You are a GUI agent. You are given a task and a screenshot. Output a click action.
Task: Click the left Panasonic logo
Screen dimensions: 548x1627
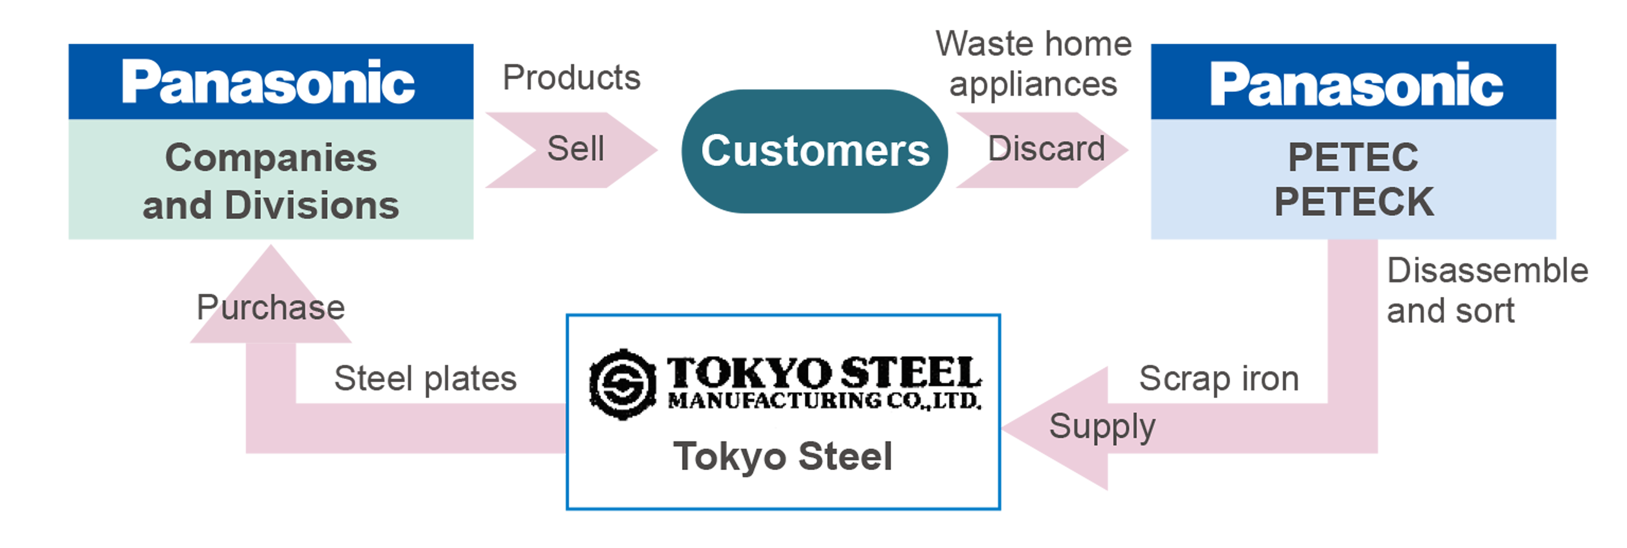point(268,82)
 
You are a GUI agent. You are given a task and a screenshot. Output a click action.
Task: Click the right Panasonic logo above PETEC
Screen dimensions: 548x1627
point(1356,84)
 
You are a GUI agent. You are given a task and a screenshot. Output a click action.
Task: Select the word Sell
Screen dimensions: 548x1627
point(576,149)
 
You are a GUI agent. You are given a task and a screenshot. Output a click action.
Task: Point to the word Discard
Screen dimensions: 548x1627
point(1047,149)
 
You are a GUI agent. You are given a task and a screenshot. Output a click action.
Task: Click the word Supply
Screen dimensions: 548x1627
point(1102,427)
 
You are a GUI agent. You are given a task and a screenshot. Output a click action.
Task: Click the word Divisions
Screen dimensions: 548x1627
point(312,206)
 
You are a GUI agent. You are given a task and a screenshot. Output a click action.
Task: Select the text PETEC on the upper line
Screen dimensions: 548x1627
point(1353,157)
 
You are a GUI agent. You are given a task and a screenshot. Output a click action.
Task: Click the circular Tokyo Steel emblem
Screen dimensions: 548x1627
point(622,383)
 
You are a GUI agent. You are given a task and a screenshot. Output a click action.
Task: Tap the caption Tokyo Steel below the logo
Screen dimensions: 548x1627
point(783,456)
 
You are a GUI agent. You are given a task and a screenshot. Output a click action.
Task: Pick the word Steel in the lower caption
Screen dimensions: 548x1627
point(845,456)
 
